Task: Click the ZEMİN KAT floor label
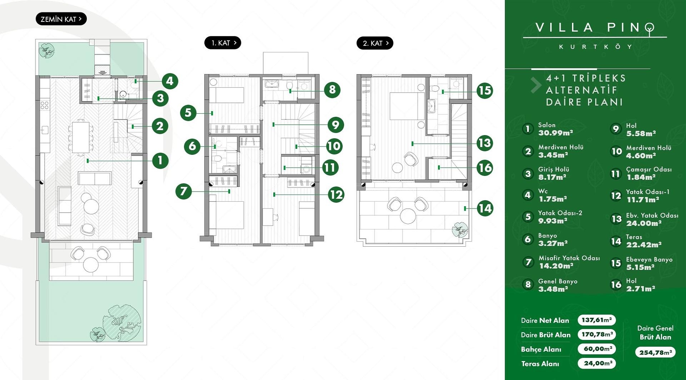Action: (x=61, y=19)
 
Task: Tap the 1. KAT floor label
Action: (x=223, y=43)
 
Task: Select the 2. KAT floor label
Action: (x=375, y=43)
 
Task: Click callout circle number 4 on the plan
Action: (x=170, y=81)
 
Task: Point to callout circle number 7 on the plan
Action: (x=184, y=191)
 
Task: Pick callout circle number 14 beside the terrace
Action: (x=485, y=208)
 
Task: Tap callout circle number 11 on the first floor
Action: (x=330, y=168)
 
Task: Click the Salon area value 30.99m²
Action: (x=556, y=133)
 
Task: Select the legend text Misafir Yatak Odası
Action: (x=569, y=258)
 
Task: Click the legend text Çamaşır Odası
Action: (x=648, y=169)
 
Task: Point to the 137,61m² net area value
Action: (x=597, y=320)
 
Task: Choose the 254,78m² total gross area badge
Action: (x=655, y=352)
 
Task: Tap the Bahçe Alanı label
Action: (x=541, y=349)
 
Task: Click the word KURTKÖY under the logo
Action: (x=595, y=47)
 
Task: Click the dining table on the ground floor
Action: (x=81, y=137)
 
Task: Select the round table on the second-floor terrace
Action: (x=408, y=216)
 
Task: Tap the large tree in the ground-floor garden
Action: (x=121, y=322)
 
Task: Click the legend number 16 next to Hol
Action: (x=616, y=285)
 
